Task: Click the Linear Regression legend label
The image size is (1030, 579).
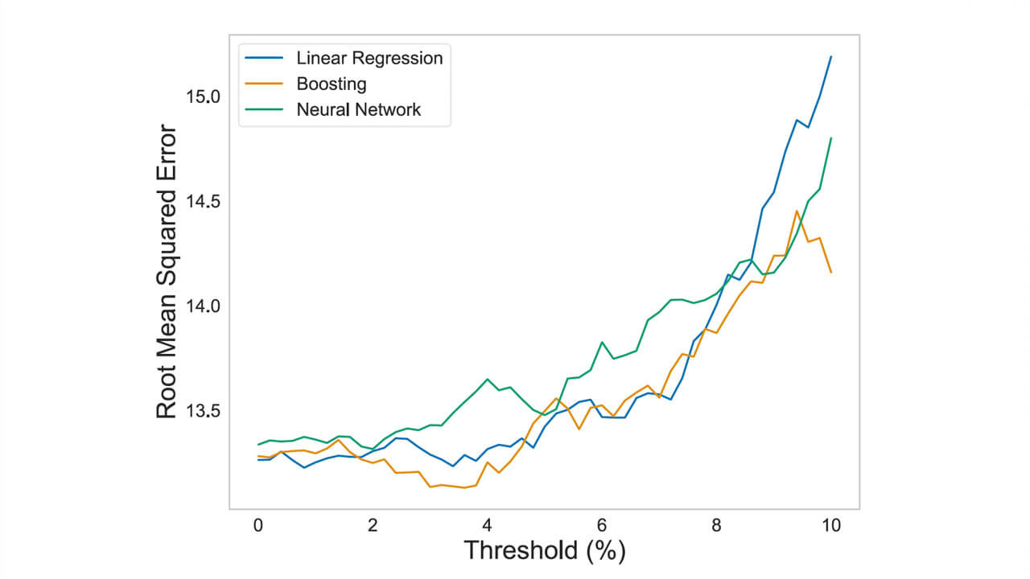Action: point(369,58)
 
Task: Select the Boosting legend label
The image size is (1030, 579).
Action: point(331,84)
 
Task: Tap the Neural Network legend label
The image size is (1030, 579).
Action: point(358,109)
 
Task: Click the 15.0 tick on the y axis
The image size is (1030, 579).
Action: point(202,96)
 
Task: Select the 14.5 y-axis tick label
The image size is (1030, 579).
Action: point(202,201)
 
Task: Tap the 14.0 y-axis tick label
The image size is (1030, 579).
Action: point(202,306)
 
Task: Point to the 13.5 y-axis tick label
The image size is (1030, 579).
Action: point(202,411)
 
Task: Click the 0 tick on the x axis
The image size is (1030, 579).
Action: point(258,525)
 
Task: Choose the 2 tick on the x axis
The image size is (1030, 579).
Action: point(373,525)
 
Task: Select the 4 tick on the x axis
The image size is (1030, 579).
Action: point(487,525)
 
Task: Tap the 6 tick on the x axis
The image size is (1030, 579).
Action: point(602,525)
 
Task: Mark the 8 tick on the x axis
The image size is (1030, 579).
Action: point(716,525)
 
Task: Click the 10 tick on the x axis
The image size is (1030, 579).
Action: point(830,525)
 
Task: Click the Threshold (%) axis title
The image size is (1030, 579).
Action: point(544,552)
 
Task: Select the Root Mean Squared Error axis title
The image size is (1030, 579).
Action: point(166,271)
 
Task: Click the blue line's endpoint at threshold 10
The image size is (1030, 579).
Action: point(830,56)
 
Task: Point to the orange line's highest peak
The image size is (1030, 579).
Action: point(797,211)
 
